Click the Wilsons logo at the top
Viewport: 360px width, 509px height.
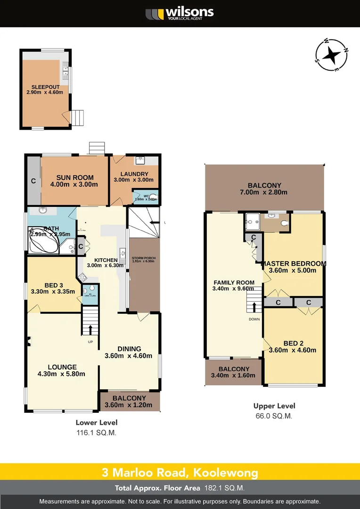[180, 13]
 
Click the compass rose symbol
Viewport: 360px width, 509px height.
[332, 55]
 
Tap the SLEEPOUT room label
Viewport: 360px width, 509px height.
[44, 87]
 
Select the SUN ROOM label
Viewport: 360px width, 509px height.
[75, 178]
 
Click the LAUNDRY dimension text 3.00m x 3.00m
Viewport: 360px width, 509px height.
[134, 180]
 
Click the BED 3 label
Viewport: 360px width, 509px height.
[54, 285]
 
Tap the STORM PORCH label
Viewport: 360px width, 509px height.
[144, 258]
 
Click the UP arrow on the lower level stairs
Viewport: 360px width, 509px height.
[90, 328]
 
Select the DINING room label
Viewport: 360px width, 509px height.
[129, 349]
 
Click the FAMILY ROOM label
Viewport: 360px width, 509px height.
[234, 283]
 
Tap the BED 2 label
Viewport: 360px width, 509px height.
[293, 343]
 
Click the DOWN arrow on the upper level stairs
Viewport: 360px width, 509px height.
[254, 307]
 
